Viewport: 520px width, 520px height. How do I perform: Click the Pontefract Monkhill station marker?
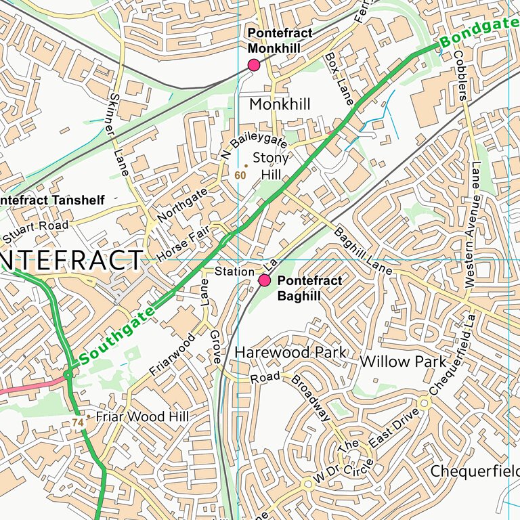coord(254,65)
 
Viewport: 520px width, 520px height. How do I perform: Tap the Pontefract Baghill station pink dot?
coord(265,280)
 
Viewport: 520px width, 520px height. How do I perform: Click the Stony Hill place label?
coord(270,166)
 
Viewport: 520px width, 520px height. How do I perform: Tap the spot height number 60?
coord(239,175)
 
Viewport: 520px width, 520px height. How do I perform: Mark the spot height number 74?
coord(78,422)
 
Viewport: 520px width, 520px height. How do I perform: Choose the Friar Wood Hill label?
coord(142,416)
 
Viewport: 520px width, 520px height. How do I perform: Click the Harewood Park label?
coord(290,353)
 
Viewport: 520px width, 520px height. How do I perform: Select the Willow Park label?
coord(403,362)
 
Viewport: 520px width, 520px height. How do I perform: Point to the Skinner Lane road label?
coord(120,136)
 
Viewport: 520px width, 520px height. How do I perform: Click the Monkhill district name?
coord(280,104)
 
